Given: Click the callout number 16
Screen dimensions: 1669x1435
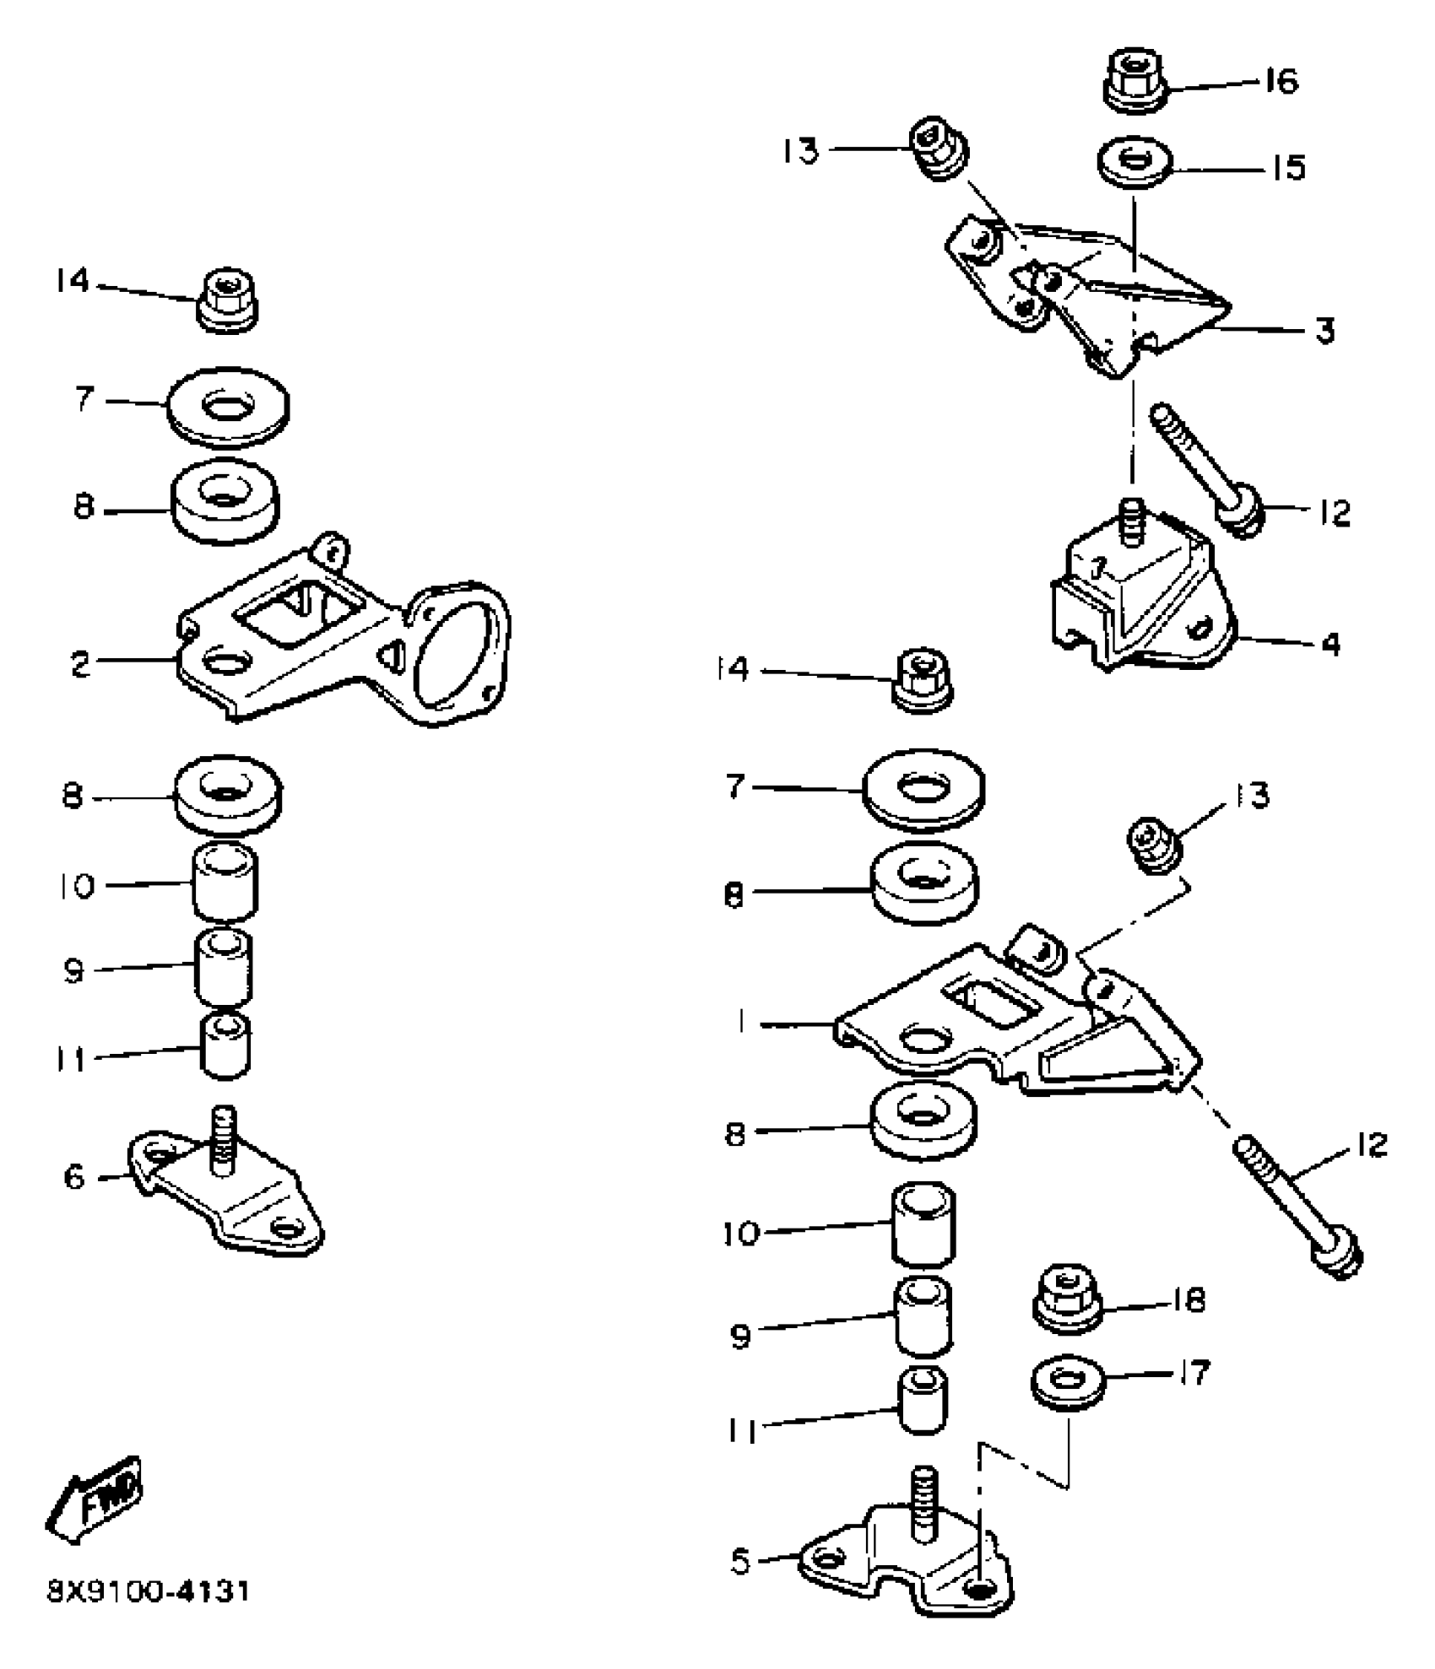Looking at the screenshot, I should coord(1281,83).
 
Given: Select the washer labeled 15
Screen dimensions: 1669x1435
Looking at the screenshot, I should coord(1134,162).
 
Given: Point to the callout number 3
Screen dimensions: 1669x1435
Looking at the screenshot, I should coord(1325,330).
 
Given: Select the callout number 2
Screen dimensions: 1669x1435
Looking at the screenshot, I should coord(80,664).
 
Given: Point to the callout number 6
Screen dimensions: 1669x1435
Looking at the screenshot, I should coord(75,1176).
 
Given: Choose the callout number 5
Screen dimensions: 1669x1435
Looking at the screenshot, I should coord(740,1561).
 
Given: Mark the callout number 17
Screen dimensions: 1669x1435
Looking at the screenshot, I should coord(1193,1373).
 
